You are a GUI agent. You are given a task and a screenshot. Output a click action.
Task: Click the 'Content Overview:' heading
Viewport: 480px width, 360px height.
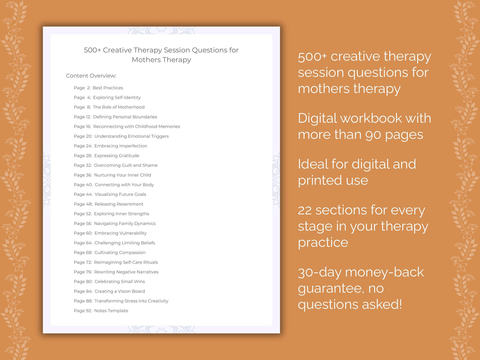[x=91, y=76]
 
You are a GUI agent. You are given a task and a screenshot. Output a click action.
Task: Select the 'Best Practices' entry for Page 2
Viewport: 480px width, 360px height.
[x=108, y=88]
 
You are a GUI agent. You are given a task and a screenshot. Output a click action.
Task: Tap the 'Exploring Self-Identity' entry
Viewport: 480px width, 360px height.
[x=117, y=97]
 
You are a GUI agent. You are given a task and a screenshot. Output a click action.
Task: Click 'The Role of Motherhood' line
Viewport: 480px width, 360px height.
[x=119, y=107]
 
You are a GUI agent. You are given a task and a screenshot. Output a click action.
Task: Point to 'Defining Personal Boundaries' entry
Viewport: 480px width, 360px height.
[x=125, y=117]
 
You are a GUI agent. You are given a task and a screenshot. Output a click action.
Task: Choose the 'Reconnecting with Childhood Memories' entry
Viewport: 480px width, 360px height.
[x=137, y=127]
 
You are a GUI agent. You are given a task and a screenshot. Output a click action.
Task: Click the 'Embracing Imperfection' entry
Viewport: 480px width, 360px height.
[x=121, y=146]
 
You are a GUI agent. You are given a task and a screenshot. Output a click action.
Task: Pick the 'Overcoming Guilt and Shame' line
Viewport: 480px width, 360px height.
[x=126, y=165]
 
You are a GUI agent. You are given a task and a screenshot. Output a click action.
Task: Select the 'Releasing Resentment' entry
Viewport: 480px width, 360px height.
[x=119, y=204]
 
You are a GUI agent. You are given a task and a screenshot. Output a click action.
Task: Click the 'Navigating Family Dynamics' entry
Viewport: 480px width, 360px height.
[x=125, y=224]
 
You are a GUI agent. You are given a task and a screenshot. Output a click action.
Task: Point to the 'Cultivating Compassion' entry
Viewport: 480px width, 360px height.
[x=120, y=252]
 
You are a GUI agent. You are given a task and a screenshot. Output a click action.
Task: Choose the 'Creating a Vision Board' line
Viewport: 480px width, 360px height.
[x=120, y=291]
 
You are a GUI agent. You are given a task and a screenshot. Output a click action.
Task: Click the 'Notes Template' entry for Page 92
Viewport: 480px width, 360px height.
[x=111, y=311]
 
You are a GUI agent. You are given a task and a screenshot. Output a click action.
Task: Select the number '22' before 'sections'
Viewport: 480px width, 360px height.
[x=305, y=210]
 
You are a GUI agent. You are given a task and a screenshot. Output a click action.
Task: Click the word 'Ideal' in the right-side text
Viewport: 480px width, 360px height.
[x=312, y=164]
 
